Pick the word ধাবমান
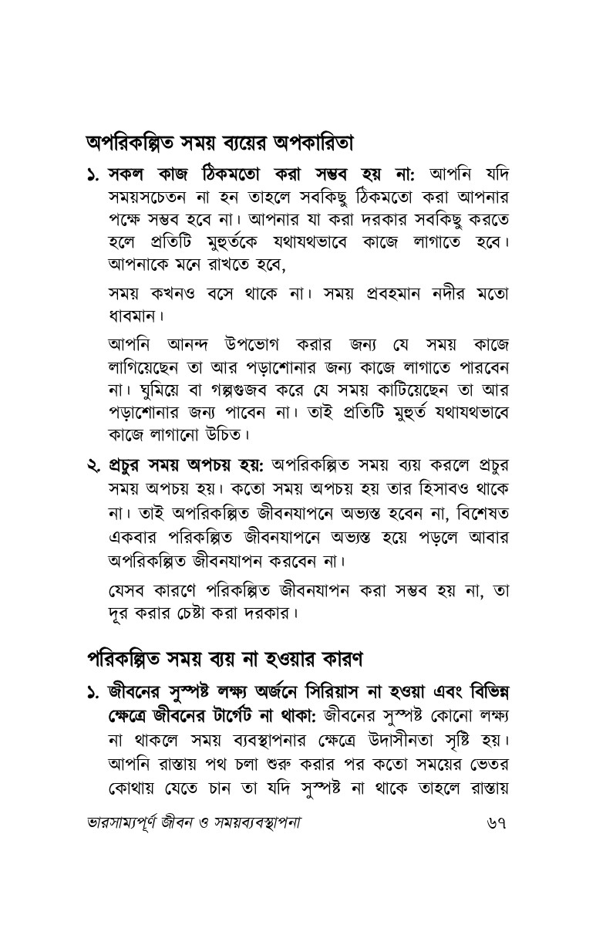(x=134, y=316)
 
